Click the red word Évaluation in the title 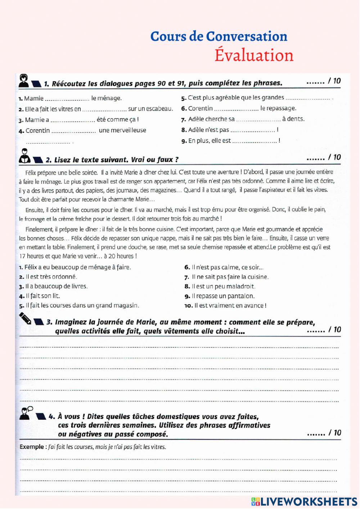(254, 55)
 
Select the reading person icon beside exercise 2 (24, 156)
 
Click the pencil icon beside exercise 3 (26, 318)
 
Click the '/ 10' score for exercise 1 (334, 81)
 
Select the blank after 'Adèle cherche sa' (258, 120)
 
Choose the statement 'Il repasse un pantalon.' (223, 296)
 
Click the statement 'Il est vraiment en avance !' (230, 306)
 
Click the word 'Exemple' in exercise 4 (32, 447)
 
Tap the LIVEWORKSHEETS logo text (308, 501)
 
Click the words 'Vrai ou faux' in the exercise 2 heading (155, 160)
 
